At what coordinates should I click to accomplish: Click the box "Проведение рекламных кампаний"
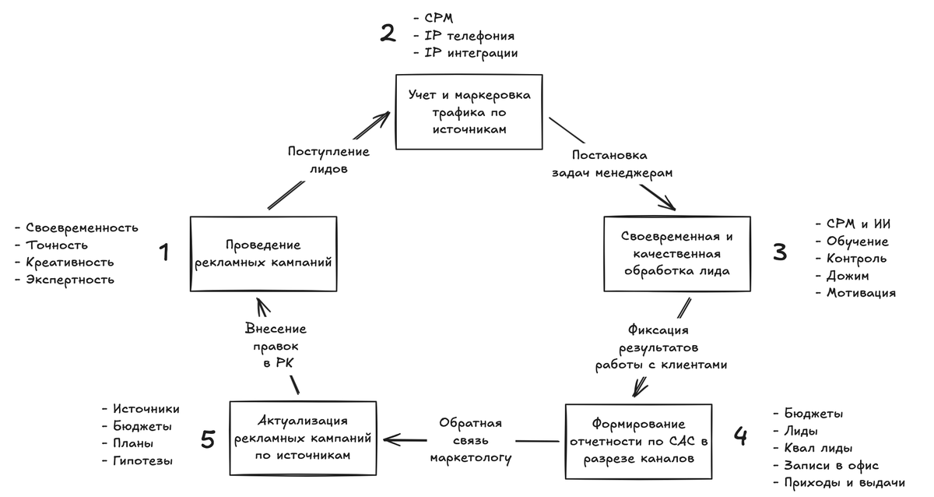click(x=263, y=254)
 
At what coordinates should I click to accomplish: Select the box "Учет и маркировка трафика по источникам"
click(x=469, y=112)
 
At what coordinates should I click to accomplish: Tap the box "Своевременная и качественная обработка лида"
click(x=676, y=253)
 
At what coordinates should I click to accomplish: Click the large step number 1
click(x=164, y=252)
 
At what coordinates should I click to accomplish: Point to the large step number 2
click(x=388, y=34)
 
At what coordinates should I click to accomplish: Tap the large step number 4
click(x=740, y=436)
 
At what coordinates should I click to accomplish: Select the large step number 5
click(x=207, y=440)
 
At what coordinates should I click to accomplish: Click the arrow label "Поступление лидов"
click(x=328, y=160)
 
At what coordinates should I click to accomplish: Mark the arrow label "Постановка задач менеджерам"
click(x=611, y=164)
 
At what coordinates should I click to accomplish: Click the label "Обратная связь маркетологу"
click(x=470, y=440)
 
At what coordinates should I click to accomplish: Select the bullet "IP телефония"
click(x=469, y=35)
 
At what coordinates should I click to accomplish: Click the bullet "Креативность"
click(x=69, y=263)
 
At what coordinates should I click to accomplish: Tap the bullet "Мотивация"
click(x=860, y=293)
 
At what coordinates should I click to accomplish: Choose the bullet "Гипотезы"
click(x=142, y=460)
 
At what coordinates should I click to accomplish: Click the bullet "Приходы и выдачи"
click(x=844, y=482)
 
